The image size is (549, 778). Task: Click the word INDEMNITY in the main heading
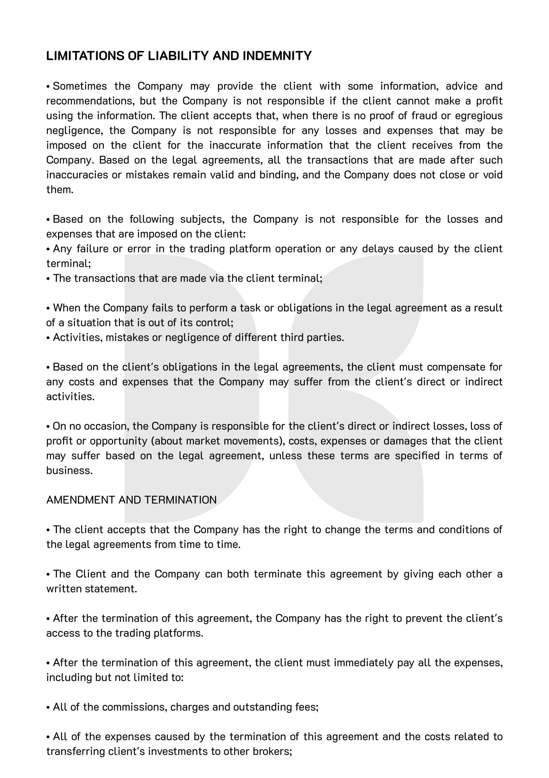[x=277, y=56]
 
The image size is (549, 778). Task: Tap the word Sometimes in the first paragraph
[x=80, y=86]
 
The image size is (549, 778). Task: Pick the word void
[x=493, y=175]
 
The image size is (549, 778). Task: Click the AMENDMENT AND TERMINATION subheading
[x=131, y=500]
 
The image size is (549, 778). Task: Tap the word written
[x=64, y=589]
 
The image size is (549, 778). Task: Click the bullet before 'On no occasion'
[x=48, y=426]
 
